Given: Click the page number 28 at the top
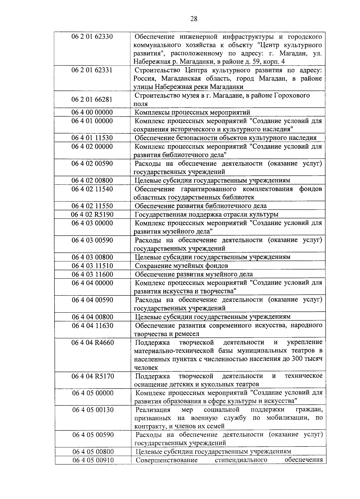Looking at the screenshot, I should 194,19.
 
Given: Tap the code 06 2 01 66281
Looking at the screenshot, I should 92,100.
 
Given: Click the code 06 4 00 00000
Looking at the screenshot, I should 92,112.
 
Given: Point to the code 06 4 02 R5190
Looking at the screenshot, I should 92,215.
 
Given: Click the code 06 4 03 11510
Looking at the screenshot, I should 92,266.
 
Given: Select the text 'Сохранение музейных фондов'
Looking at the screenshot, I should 181,266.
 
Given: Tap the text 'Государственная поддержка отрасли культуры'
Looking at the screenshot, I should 206,215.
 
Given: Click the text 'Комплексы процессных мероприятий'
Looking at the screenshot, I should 192,112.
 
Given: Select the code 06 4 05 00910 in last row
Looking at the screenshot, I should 93,460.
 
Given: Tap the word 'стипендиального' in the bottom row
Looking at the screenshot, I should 241,460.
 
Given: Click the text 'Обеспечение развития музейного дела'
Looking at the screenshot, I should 194,274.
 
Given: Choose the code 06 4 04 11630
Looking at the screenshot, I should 92,325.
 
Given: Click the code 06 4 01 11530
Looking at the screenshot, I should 92,138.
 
